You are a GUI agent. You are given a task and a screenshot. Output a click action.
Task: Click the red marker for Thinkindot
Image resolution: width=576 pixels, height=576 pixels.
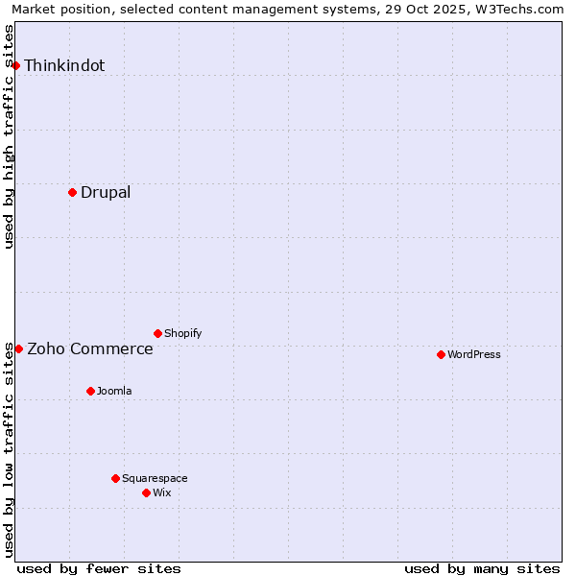15,65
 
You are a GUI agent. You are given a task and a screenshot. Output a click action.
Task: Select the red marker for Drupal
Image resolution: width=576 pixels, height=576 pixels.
72,192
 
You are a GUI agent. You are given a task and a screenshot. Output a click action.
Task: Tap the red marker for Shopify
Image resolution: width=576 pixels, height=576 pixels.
157,333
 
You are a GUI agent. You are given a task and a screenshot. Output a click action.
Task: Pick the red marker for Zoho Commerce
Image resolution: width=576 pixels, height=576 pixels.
18,348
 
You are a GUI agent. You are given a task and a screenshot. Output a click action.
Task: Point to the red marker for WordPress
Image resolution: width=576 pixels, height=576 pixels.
441,354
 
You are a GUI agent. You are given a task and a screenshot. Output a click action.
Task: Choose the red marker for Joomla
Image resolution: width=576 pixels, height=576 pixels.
90,391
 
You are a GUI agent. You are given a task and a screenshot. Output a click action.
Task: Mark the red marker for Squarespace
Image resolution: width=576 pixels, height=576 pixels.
115,478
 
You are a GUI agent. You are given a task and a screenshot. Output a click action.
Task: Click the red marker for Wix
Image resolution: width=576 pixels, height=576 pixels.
146,492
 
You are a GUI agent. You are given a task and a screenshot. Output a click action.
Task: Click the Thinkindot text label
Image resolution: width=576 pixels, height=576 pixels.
64,65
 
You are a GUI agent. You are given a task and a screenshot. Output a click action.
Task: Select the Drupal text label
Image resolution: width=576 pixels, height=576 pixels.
106,192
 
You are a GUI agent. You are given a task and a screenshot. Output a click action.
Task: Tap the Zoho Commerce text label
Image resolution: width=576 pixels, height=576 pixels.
90,348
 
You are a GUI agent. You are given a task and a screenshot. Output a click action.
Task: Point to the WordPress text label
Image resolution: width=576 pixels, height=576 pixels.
474,354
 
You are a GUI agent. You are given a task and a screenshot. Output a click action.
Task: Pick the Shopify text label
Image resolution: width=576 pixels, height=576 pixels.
183,333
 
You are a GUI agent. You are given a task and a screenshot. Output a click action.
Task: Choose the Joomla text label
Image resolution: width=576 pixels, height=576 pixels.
114,391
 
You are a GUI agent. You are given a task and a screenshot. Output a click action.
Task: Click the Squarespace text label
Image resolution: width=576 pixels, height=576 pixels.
155,478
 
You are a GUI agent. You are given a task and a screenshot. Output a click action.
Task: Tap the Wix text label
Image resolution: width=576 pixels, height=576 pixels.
162,492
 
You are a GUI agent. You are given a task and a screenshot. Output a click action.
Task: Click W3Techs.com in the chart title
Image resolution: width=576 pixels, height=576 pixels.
524,9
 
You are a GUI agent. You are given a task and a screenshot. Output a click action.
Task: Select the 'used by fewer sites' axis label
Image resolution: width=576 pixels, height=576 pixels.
99,568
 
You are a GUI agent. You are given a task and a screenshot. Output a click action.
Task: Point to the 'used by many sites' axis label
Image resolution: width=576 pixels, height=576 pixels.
482,568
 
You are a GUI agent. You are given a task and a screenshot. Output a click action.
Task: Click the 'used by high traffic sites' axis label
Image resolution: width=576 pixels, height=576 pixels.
10,136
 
